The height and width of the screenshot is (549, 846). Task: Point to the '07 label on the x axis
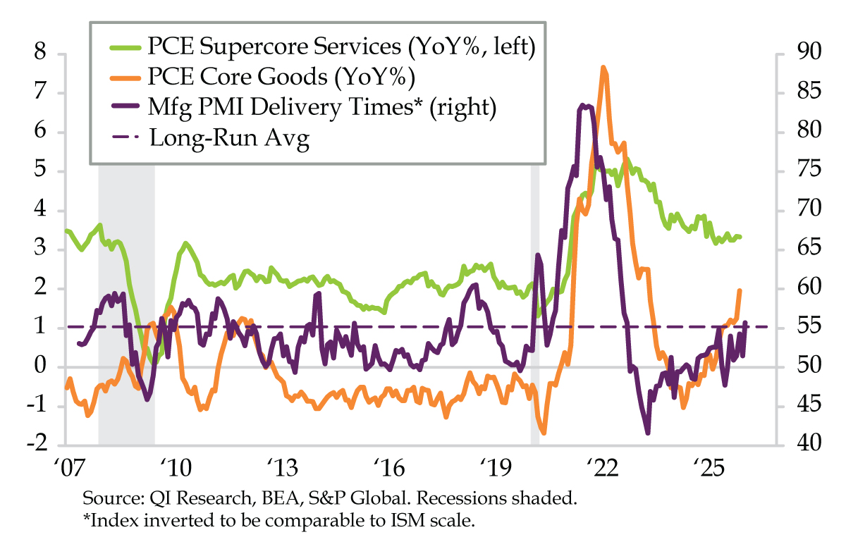(66, 468)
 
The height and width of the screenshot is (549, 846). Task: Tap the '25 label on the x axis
(709, 468)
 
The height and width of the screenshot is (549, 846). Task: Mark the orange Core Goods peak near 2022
(603, 68)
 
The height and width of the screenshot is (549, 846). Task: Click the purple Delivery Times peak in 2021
(582, 105)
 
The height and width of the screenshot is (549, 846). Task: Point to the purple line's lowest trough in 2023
(647, 433)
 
